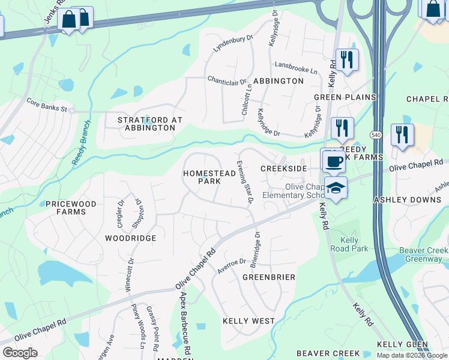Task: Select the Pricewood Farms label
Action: click(x=71, y=208)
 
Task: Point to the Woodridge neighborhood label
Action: click(x=130, y=238)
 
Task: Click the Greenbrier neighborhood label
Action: click(x=269, y=277)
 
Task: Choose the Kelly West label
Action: click(x=249, y=321)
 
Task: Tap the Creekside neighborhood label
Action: click(x=284, y=169)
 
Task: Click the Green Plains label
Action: click(x=345, y=97)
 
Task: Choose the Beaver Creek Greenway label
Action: click(x=424, y=255)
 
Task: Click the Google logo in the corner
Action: click(x=20, y=353)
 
